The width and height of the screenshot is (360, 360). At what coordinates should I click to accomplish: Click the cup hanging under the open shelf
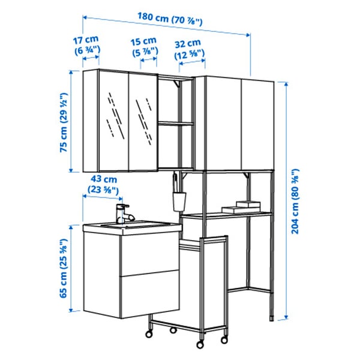coord(178,201)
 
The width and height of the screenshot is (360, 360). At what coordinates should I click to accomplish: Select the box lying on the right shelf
coord(238,208)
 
